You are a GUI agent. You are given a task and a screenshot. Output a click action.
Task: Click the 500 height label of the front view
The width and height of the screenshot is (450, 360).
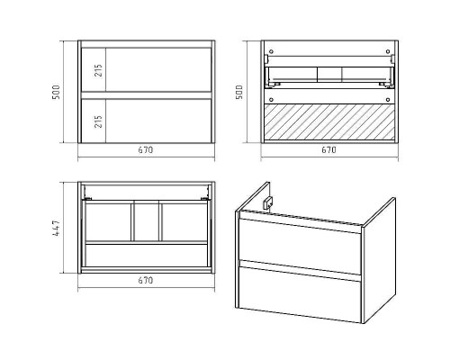56,92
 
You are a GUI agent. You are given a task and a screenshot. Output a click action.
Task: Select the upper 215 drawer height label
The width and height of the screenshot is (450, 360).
98,70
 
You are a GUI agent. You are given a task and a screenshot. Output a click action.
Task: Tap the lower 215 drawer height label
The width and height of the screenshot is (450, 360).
98,121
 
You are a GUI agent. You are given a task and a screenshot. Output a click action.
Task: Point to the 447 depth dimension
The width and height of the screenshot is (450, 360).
56,228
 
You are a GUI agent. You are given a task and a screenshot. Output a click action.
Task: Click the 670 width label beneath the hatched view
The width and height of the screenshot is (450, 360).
328,149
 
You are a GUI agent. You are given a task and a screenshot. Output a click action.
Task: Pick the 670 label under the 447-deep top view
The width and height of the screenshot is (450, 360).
146,280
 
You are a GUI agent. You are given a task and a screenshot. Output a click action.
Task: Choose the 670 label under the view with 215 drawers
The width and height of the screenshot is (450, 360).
146,149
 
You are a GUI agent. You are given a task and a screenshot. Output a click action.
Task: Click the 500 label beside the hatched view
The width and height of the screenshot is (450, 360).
239,92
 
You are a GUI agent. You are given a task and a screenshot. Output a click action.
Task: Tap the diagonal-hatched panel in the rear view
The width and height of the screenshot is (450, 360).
329,121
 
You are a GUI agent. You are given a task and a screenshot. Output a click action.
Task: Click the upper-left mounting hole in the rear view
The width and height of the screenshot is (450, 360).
271,51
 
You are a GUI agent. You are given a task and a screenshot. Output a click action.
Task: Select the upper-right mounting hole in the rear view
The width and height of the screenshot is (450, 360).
388,51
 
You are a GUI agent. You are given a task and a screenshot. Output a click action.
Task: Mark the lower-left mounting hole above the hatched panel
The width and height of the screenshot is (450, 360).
271,99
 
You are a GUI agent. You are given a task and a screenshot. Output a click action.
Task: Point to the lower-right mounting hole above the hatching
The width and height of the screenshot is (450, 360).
388,99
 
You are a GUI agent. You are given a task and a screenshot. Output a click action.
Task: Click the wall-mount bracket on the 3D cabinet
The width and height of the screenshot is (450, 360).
267,202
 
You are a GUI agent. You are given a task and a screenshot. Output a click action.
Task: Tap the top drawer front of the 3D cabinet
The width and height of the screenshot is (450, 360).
300,246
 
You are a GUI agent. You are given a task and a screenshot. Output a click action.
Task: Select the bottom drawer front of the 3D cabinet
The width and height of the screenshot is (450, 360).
300,294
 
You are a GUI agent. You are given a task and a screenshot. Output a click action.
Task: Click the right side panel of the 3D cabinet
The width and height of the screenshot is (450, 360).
379,260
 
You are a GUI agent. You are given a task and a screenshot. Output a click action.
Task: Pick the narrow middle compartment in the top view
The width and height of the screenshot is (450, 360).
147,222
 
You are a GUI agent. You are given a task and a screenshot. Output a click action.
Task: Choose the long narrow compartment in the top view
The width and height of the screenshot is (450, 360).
146,256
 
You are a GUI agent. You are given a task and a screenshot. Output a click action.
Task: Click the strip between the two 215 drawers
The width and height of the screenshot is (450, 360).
146,95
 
